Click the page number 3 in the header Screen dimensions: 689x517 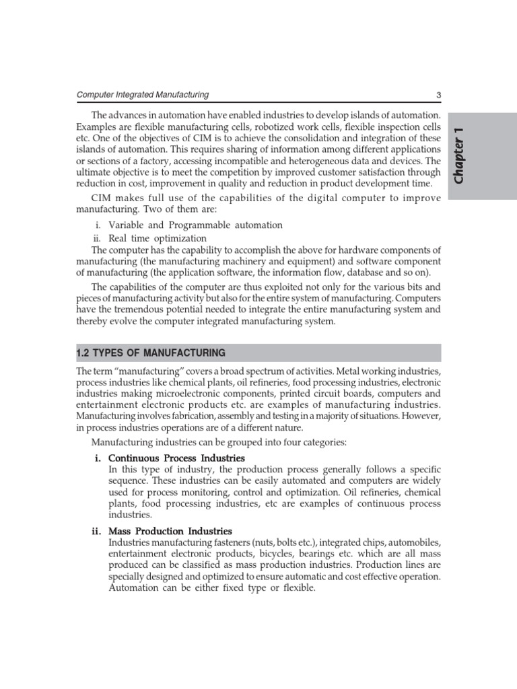click(x=438, y=96)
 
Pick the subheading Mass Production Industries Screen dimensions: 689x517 click(x=170, y=531)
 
